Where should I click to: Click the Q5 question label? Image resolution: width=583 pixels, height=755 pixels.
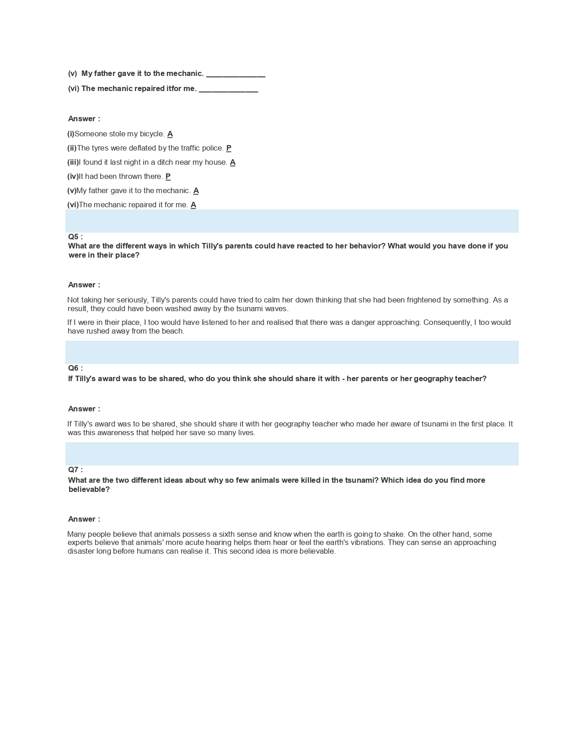[x=75, y=237]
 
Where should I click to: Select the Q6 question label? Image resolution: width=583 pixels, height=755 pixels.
[x=75, y=368]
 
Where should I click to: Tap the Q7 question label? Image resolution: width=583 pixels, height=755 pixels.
[x=75, y=469]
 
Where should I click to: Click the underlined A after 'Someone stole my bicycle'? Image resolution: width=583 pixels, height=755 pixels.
[x=170, y=134]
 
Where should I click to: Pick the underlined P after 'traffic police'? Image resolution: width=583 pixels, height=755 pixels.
[x=229, y=148]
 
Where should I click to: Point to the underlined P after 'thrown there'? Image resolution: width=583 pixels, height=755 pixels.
[x=168, y=177]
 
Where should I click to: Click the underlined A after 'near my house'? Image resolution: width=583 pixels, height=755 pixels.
[x=233, y=162]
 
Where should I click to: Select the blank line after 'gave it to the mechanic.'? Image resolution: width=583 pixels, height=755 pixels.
[x=235, y=74]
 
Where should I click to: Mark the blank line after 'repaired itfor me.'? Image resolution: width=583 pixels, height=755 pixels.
[x=228, y=89]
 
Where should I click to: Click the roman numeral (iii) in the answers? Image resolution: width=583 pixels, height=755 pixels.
[x=73, y=162]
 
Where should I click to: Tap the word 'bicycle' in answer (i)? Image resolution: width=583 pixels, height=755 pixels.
[x=152, y=134]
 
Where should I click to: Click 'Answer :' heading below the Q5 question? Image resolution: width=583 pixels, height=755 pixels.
[x=84, y=285]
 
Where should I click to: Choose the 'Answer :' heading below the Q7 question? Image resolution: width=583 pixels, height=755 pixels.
[x=84, y=519]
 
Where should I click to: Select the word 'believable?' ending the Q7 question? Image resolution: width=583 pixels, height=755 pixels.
[x=89, y=490]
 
